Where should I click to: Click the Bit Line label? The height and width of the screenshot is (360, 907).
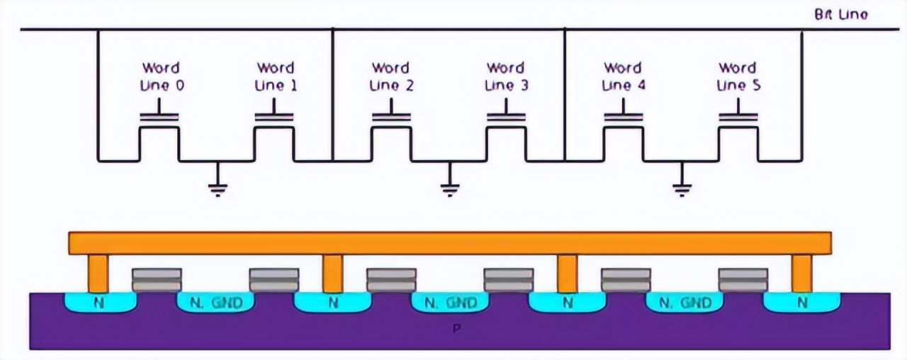click(x=841, y=14)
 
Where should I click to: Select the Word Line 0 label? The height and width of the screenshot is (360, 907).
click(x=161, y=77)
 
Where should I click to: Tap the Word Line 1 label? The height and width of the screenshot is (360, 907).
click(x=276, y=77)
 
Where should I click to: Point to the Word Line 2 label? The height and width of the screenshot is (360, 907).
click(x=390, y=77)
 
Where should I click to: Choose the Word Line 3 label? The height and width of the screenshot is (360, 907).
click(x=505, y=77)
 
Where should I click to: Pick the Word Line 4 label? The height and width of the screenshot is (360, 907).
click(x=622, y=77)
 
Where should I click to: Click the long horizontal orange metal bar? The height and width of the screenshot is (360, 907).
click(x=450, y=243)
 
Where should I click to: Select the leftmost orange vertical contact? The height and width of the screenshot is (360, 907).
click(x=98, y=274)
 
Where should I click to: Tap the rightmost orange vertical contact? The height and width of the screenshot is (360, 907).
click(x=801, y=274)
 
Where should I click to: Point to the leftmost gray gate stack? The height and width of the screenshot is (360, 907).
click(x=157, y=280)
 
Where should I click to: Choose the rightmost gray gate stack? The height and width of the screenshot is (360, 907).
click(x=743, y=280)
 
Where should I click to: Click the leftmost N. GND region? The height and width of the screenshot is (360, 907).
click(x=215, y=303)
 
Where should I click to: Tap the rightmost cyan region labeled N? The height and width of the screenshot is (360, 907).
click(x=801, y=303)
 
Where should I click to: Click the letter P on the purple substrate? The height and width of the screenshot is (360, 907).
click(x=454, y=330)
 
